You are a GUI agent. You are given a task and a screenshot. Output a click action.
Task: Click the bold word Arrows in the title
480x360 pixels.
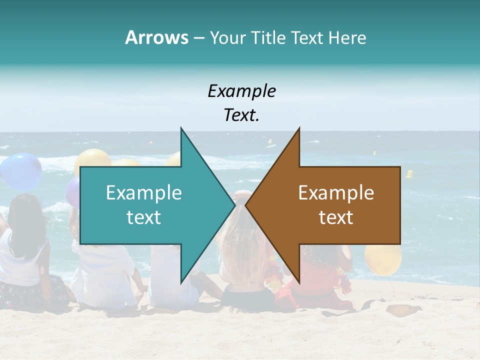(156, 37)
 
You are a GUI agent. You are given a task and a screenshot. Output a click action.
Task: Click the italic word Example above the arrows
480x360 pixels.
(241, 91)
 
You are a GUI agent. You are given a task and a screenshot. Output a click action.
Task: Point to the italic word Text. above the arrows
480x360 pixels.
(241, 115)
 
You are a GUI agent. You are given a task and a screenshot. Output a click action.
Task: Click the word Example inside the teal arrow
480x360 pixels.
(143, 193)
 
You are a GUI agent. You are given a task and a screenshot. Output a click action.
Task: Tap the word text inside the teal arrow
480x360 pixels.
(143, 217)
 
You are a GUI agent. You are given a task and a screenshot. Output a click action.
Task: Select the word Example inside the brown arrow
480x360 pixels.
(336, 193)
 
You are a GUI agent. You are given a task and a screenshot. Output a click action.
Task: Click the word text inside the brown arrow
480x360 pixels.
(336, 217)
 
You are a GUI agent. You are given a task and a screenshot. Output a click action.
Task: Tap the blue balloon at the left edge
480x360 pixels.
(20, 171)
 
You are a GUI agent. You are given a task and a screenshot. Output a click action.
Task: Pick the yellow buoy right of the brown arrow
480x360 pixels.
(409, 174)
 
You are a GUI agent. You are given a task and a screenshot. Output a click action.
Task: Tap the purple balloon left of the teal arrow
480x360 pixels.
(73, 193)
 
